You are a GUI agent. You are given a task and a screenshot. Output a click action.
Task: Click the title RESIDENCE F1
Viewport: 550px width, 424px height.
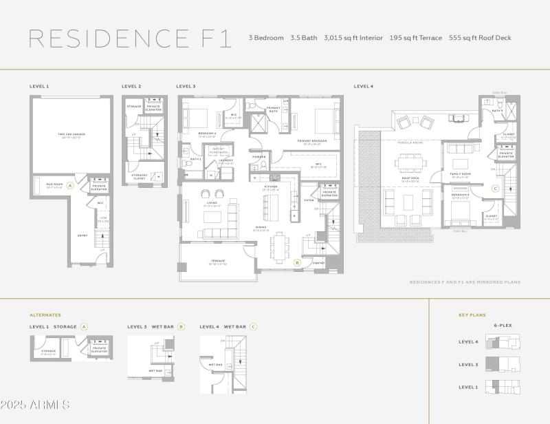(129, 38)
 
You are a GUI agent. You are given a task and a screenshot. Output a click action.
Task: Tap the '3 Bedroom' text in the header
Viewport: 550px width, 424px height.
(266, 38)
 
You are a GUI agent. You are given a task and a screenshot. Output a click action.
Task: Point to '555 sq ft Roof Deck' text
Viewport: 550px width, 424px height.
(480, 38)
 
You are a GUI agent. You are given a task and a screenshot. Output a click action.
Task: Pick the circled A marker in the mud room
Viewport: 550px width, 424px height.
(69, 186)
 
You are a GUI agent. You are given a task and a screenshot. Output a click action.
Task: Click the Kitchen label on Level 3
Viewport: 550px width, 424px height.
(270, 187)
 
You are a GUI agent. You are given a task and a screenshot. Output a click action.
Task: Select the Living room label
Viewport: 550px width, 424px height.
(212, 203)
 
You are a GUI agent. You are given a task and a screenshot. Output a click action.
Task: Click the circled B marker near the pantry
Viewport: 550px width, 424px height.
(297, 262)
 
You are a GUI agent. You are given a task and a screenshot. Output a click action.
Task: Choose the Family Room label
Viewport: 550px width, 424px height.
(460, 174)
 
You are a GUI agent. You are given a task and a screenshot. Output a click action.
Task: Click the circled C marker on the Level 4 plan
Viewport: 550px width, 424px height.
(495, 188)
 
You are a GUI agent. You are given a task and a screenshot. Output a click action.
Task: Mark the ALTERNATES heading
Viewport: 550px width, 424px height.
(45, 315)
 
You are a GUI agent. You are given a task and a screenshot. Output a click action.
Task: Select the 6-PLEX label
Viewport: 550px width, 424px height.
(503, 325)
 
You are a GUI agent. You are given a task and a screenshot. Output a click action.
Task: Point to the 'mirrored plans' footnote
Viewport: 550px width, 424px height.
(465, 282)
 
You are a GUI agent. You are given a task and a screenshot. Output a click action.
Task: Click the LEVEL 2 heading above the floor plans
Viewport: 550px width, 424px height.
(131, 87)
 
